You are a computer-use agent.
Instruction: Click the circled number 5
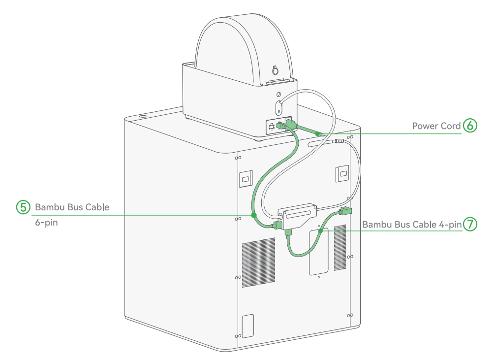[x=23, y=207]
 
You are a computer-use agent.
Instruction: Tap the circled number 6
[x=470, y=126]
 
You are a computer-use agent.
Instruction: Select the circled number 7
[x=470, y=224]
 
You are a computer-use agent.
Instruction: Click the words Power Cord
[x=436, y=126]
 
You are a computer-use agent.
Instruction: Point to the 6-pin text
[x=46, y=223]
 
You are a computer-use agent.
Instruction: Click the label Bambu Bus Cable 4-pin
[x=412, y=225]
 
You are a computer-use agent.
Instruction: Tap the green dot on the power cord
[x=317, y=133]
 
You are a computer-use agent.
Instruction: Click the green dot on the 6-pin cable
[x=253, y=215]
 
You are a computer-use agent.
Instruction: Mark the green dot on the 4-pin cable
[x=320, y=231]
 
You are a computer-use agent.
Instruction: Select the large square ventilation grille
[x=258, y=262]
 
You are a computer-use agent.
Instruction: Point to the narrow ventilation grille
[x=340, y=247]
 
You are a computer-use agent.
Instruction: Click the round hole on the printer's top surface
[x=143, y=117]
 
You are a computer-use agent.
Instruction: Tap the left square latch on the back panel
[x=246, y=179]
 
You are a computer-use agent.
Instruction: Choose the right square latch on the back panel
[x=342, y=173]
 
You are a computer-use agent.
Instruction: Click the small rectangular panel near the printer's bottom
[x=247, y=326]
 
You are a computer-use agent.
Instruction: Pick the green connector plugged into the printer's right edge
[x=345, y=211]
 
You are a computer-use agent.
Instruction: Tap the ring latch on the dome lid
[x=275, y=70]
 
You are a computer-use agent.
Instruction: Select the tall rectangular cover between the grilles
[x=318, y=252]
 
